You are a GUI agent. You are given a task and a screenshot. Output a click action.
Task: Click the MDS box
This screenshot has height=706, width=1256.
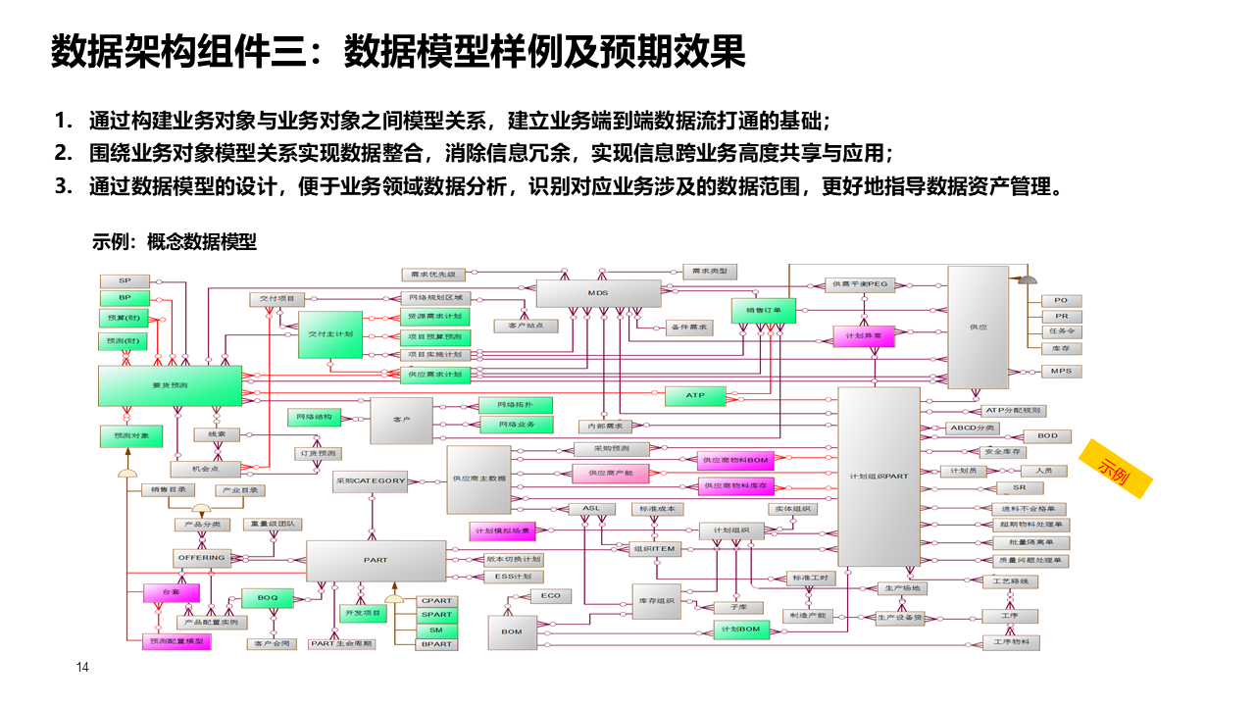pyautogui.click(x=598, y=293)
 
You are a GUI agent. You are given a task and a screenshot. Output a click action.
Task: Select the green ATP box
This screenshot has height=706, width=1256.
pyautogui.click(x=695, y=396)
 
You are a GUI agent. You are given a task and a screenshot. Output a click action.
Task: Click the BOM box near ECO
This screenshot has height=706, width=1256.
pyautogui.click(x=512, y=631)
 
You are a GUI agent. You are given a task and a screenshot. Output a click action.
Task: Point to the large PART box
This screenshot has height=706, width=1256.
pyautogui.click(x=376, y=560)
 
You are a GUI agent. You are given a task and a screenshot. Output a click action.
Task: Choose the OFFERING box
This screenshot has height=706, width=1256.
pyautogui.click(x=201, y=558)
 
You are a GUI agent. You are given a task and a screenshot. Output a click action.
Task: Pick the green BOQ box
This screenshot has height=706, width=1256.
pyautogui.click(x=268, y=596)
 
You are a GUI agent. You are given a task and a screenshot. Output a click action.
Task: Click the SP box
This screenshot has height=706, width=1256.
pyautogui.click(x=125, y=281)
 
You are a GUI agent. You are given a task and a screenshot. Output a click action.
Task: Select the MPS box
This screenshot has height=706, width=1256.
pyautogui.click(x=1061, y=372)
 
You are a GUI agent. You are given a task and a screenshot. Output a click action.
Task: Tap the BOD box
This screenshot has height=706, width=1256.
pyautogui.click(x=1047, y=435)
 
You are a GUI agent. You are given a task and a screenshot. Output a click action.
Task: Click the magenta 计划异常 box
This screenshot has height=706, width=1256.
pyautogui.click(x=863, y=335)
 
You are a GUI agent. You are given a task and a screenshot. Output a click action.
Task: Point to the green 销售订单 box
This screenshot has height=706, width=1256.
pyautogui.click(x=764, y=310)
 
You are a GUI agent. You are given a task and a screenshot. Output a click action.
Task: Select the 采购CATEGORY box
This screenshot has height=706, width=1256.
pyautogui.click(x=370, y=480)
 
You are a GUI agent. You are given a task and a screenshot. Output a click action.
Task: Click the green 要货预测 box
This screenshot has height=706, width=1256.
pyautogui.click(x=170, y=385)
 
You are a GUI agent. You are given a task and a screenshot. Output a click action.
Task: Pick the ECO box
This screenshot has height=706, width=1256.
pyautogui.click(x=550, y=596)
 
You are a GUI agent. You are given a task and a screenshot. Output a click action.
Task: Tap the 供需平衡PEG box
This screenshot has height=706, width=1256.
pyautogui.click(x=859, y=284)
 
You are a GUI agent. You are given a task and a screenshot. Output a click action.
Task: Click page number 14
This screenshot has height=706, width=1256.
pyautogui.click(x=82, y=668)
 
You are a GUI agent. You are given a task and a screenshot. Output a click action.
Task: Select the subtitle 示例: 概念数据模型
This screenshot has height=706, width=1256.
pyautogui.click(x=175, y=241)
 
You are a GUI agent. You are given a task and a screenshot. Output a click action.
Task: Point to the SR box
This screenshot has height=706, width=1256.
pyautogui.click(x=1020, y=487)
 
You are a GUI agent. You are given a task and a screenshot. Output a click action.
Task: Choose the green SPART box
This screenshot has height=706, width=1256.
pyautogui.click(x=436, y=615)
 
